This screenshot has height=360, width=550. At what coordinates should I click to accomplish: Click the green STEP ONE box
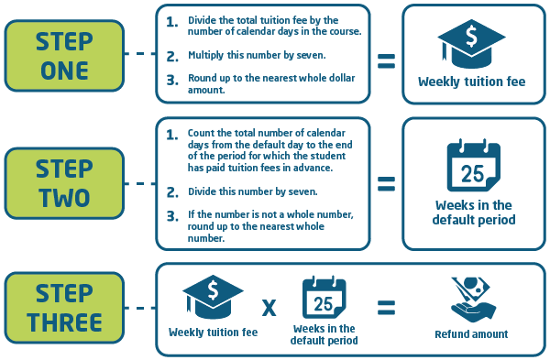tap(64, 55)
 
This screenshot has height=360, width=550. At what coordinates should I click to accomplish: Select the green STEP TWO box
tap(64, 182)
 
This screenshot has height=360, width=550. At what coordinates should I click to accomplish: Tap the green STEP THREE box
tap(64, 309)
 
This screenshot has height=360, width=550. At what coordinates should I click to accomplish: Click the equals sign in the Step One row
tap(387, 61)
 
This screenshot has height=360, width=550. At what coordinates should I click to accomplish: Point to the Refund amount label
tap(472, 334)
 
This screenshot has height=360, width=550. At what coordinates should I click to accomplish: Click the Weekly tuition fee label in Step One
tap(471, 82)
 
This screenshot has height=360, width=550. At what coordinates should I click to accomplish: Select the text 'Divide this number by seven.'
tap(249, 191)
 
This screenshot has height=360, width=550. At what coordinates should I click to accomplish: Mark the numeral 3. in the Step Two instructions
tap(172, 216)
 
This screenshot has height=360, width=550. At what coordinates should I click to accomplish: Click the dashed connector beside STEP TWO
tap(139, 183)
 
